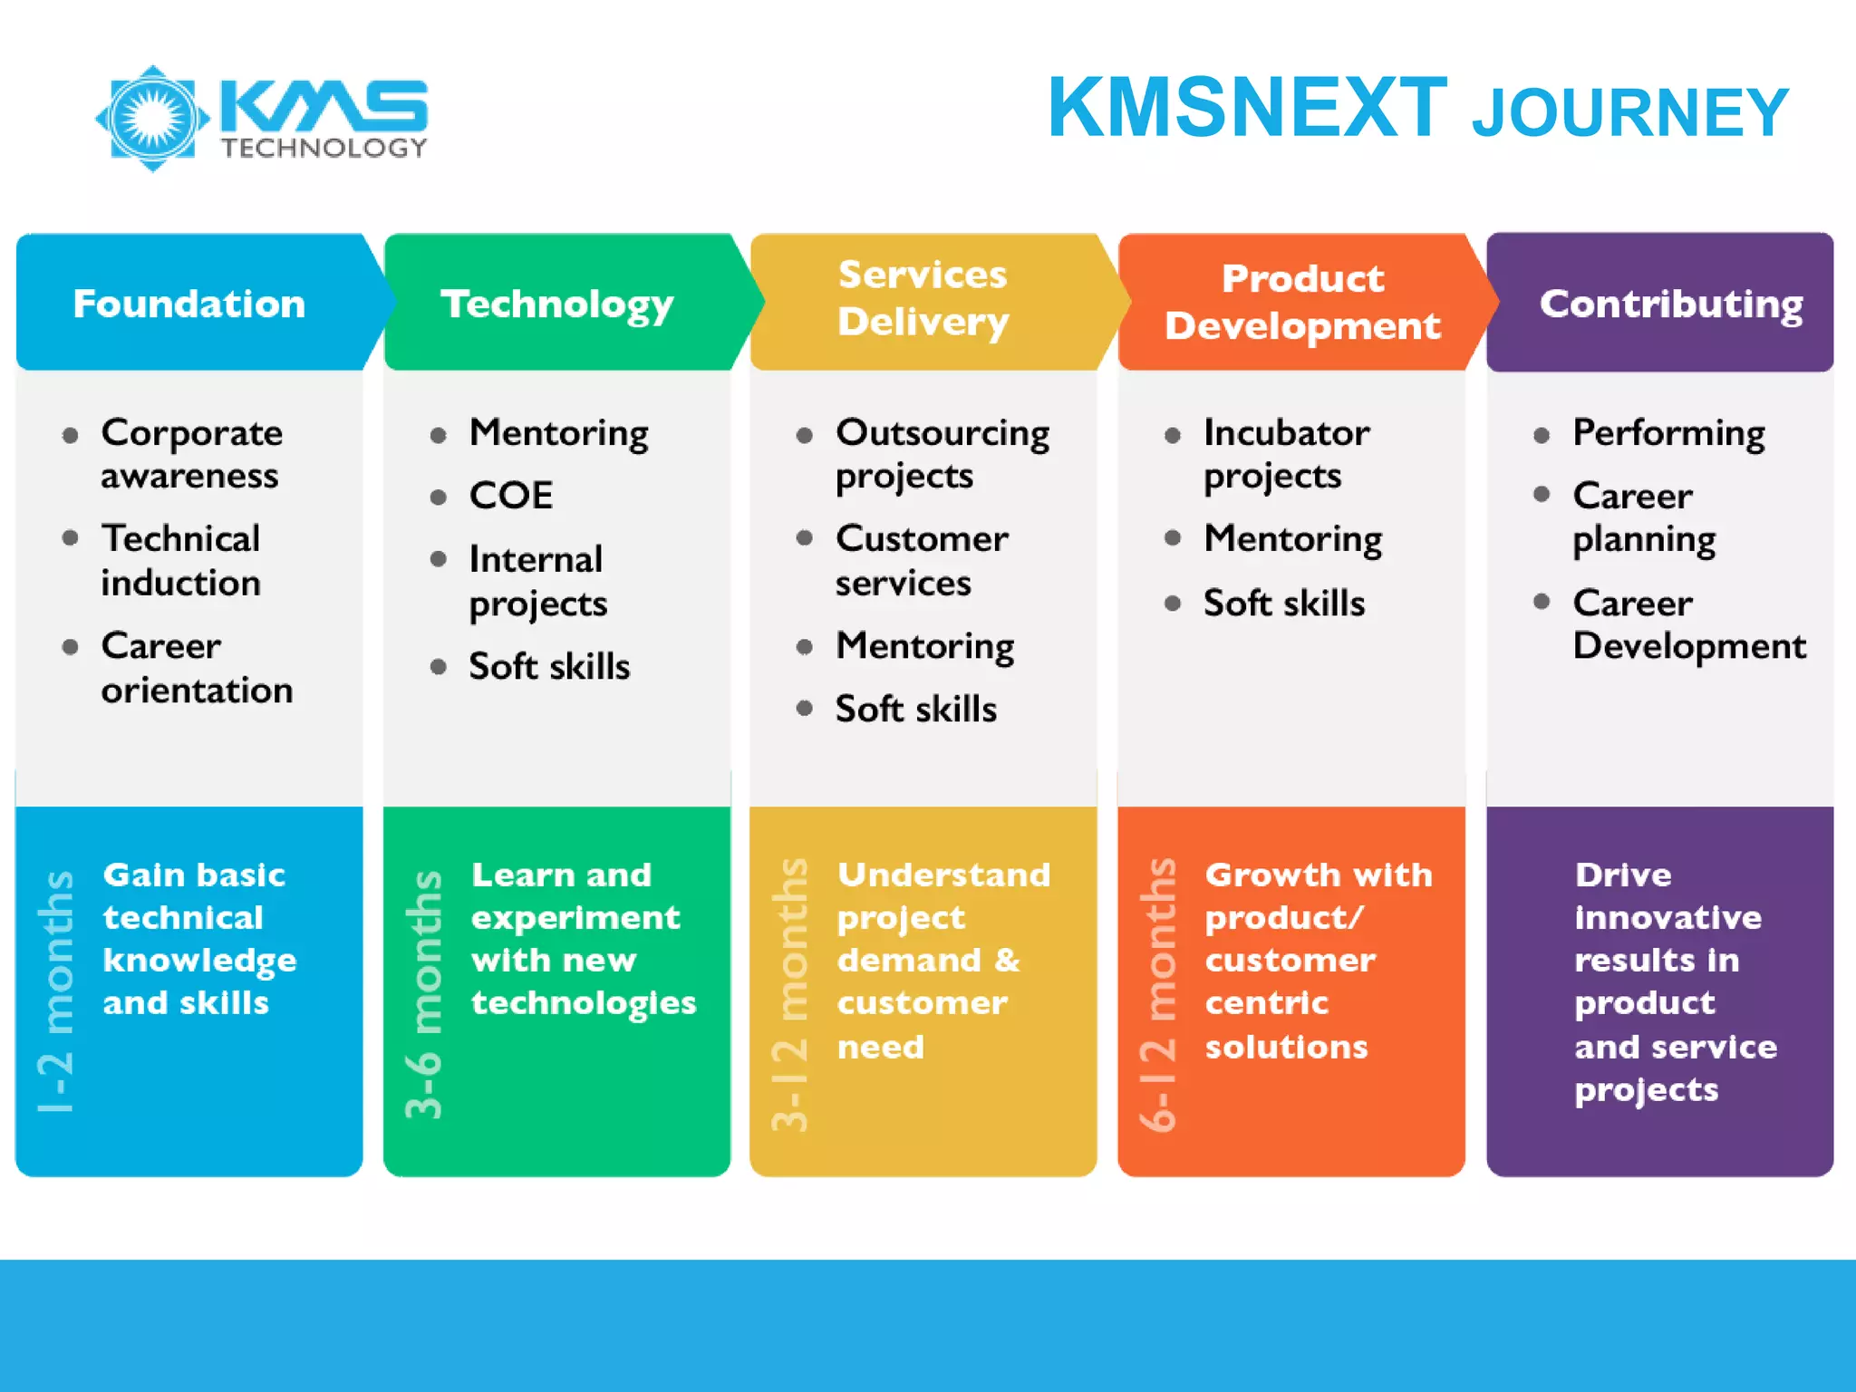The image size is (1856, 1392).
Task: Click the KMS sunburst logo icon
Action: (152, 118)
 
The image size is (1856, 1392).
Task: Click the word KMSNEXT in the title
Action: (1247, 108)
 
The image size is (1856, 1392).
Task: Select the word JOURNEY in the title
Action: (1629, 113)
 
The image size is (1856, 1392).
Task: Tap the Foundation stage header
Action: (189, 304)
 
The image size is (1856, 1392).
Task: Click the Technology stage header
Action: (557, 304)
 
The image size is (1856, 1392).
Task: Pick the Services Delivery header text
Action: (923, 298)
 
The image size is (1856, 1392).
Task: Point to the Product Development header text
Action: (1302, 302)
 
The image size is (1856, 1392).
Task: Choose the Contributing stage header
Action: (1670, 304)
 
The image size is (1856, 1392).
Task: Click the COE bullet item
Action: (510, 496)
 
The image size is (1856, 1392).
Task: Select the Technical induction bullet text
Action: (181, 560)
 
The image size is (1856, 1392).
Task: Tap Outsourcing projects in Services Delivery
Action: (942, 454)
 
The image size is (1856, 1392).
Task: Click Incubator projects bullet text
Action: (1285, 454)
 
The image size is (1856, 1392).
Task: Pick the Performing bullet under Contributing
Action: (1667, 432)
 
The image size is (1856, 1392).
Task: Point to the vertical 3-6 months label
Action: (424, 994)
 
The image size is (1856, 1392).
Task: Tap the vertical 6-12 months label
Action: (1158, 994)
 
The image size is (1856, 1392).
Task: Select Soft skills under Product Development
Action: (1283, 603)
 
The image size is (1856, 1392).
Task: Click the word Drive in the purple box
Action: (1622, 875)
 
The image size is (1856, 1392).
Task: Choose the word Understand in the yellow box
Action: (943, 875)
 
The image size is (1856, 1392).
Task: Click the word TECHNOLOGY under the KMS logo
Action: (324, 149)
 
